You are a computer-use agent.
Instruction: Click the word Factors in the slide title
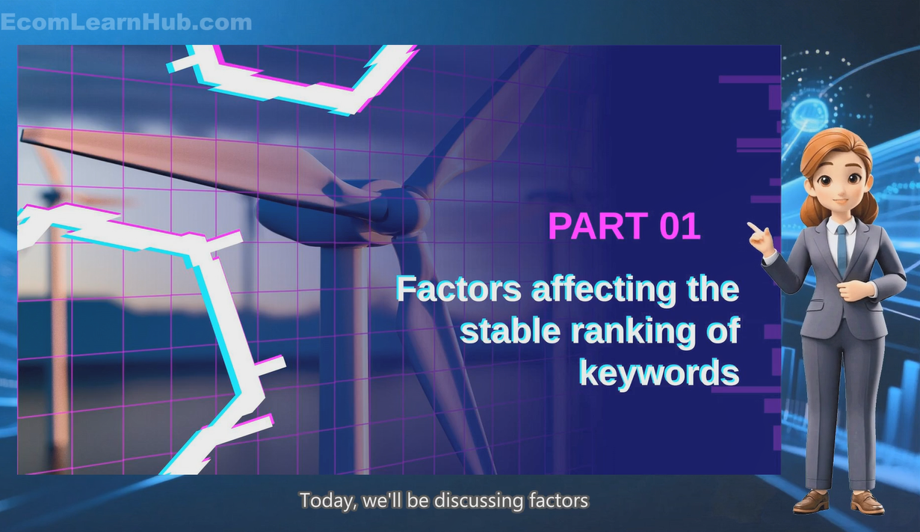pyautogui.click(x=459, y=290)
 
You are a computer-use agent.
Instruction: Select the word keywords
pyautogui.click(x=659, y=372)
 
